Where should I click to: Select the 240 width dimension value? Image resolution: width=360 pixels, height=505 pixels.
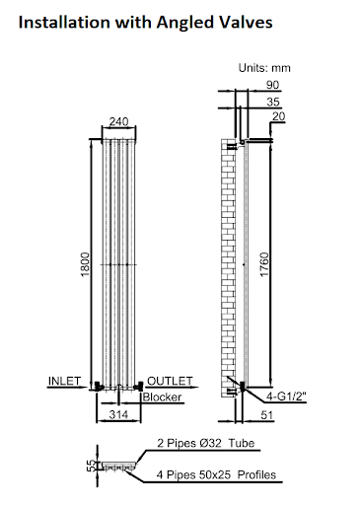tap(117, 122)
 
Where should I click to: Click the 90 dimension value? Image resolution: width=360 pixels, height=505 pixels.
tap(271, 85)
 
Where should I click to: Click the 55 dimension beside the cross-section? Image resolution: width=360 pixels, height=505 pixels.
tap(87, 465)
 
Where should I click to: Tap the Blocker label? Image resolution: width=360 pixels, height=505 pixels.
tap(161, 397)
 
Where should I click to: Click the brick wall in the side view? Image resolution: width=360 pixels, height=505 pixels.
tap(229, 266)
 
